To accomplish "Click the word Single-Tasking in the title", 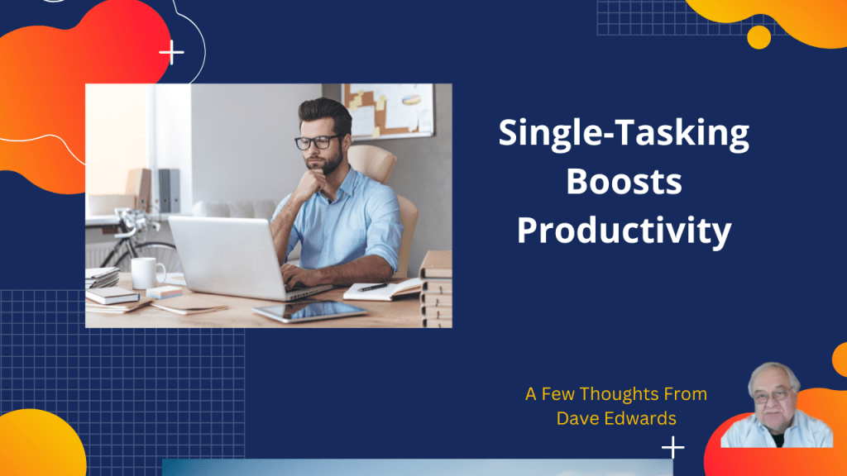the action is coord(624,134).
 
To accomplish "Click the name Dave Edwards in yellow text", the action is coord(616,418).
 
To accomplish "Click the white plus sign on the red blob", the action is coord(172,52).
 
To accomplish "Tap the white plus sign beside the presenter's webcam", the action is coord(673,447).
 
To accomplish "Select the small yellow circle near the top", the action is coord(759,37).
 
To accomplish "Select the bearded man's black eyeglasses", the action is coord(317,142).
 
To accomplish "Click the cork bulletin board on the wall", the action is coord(388,111).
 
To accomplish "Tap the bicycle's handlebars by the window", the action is coord(132,221).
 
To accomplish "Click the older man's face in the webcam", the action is coord(773,400).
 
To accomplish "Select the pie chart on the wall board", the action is coord(411,100).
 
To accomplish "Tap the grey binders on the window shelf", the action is coord(169,191).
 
